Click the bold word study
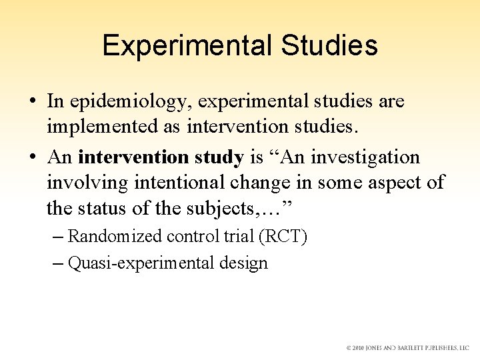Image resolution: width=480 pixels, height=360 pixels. (219, 157)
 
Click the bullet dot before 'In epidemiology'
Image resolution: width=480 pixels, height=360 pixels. (33, 102)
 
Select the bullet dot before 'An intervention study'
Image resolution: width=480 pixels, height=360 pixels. (33, 158)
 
